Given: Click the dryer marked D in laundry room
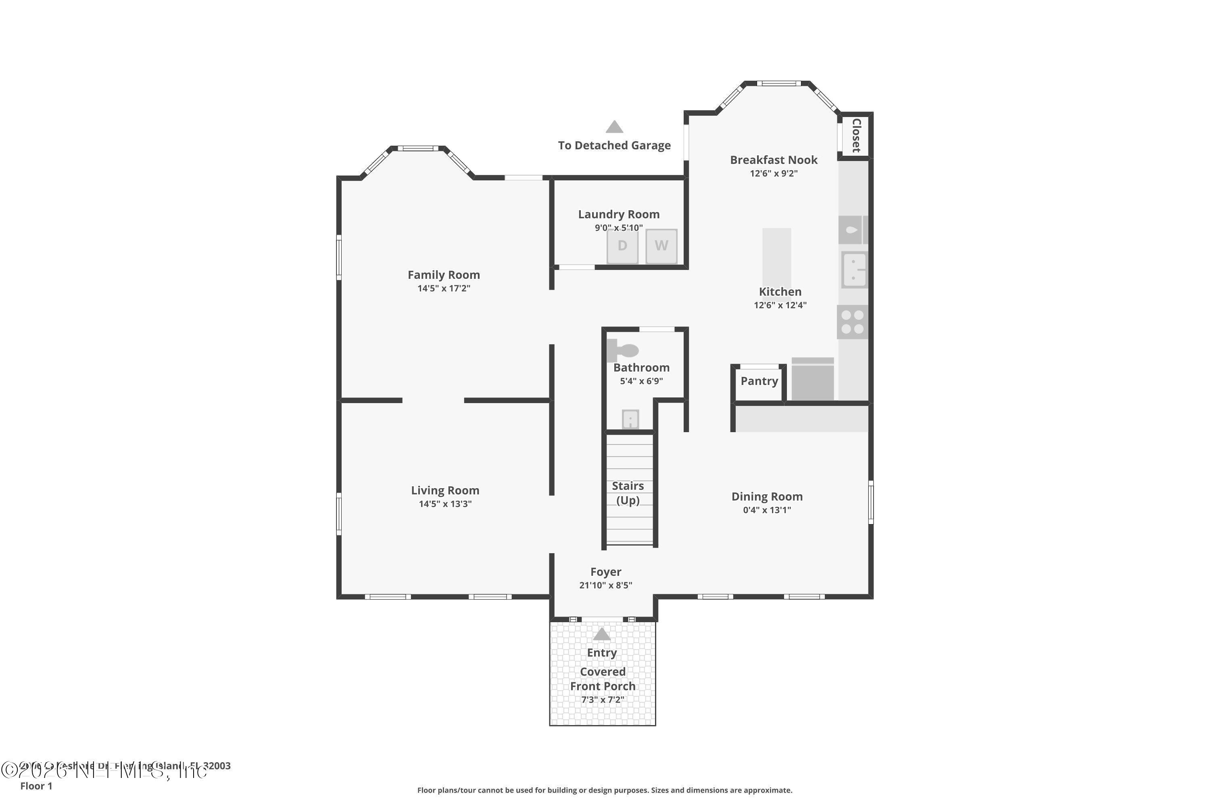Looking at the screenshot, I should [x=622, y=247].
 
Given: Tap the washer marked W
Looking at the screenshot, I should [x=661, y=247].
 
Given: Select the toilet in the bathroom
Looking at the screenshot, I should [x=622, y=351].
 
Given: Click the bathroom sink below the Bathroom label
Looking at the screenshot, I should [x=630, y=419].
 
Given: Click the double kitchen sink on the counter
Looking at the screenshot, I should [x=854, y=270].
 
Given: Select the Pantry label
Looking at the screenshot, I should [x=759, y=381].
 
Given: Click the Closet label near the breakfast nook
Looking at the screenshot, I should [x=856, y=135].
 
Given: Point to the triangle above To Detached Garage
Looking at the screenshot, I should [x=614, y=127].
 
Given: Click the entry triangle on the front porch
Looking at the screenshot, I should [x=601, y=635].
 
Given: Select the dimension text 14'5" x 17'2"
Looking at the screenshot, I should [x=443, y=288].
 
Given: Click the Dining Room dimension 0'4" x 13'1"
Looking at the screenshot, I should [x=767, y=510].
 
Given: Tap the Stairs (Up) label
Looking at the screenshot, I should [x=628, y=493].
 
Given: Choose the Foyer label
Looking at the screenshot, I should [x=605, y=572].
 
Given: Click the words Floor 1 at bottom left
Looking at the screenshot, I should [x=36, y=786].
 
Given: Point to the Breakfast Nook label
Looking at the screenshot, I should [x=773, y=160].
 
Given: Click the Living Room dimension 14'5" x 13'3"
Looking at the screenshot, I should [x=445, y=504].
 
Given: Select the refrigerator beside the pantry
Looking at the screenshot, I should [x=812, y=380].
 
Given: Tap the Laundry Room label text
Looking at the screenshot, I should [x=618, y=215].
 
